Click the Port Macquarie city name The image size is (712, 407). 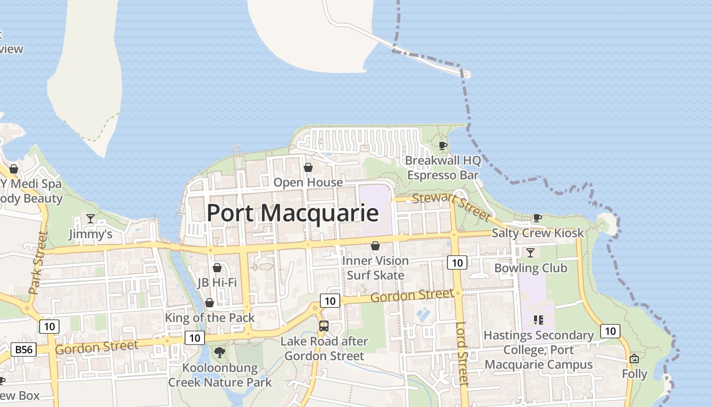coord(292,213)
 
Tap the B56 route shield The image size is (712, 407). coord(23,350)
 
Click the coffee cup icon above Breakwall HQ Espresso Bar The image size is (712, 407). coord(443,146)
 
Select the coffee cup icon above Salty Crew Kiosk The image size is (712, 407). coord(538,218)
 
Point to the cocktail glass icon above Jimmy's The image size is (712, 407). coord(91,219)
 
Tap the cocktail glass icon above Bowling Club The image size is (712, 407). coord(530,252)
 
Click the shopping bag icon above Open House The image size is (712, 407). coord(308,167)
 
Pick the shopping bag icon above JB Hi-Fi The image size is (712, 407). coord(217,267)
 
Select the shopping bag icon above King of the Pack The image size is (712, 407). coord(209,303)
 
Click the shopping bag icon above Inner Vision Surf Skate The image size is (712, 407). coord(375,246)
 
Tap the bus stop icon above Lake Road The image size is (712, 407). coord(324,326)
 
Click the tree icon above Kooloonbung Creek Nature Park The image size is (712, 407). coord(220,352)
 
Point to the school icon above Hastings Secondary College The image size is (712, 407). coord(538,320)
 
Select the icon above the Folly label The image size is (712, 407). coord(634,359)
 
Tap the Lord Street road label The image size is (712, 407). coord(461,354)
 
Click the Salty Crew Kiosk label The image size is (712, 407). coord(538,233)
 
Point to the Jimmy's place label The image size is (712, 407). coord(91,234)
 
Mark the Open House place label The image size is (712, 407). coord(308,182)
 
